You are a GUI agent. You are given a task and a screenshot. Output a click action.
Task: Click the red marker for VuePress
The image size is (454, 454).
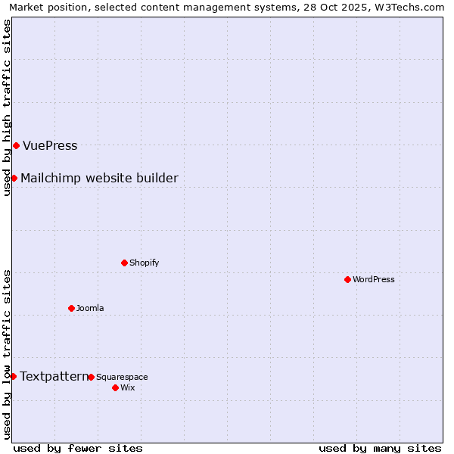(16, 145)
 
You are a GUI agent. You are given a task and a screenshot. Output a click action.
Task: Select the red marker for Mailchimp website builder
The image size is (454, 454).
(14, 178)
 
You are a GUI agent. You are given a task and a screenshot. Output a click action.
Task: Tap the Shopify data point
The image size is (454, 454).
(124, 263)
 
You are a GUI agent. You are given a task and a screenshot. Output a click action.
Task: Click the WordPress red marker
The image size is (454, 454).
(347, 279)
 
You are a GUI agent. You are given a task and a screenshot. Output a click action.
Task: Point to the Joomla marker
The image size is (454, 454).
(71, 308)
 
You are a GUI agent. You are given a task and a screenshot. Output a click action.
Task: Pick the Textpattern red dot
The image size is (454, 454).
(13, 376)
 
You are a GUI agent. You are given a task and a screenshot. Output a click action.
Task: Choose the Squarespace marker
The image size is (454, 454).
(91, 377)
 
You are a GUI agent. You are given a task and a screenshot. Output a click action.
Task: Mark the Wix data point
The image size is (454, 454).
(115, 387)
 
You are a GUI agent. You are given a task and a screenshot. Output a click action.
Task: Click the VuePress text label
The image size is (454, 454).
(50, 146)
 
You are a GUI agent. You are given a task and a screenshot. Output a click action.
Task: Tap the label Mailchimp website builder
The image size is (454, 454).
(99, 179)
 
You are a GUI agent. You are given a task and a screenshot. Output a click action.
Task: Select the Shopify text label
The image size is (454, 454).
(144, 263)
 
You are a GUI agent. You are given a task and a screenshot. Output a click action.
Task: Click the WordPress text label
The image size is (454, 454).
(373, 279)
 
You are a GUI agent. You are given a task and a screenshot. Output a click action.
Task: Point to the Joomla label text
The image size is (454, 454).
(90, 308)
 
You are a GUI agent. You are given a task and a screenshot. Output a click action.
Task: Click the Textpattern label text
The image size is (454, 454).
(53, 376)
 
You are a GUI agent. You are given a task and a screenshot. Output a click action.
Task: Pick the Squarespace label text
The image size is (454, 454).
(122, 377)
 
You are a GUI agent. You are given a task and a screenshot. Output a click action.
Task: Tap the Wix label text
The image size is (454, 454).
(127, 387)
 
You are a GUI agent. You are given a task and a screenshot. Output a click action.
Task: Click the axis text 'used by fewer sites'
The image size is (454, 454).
(78, 448)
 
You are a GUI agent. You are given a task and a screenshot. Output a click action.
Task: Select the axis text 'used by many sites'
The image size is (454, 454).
(380, 448)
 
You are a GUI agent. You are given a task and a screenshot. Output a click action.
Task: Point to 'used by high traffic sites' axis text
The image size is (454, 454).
(8, 107)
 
